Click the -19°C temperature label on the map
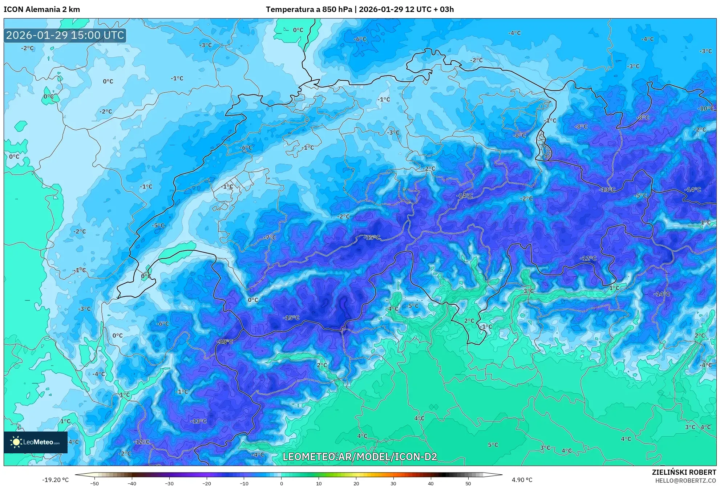225,341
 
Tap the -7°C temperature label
270,238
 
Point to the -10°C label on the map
706,109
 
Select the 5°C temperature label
493,445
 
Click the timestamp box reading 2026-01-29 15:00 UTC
65,35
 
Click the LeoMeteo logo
36,442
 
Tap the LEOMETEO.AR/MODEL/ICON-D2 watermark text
360,457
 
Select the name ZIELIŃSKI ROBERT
684,473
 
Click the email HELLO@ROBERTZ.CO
685,481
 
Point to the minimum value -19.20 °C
55,480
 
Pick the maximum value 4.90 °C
522,480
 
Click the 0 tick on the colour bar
281,483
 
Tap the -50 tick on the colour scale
94,483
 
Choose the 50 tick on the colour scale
468,483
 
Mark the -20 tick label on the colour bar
206,483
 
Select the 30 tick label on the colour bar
393,483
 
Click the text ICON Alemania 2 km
42,9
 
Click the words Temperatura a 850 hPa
309,9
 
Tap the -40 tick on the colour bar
132,483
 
